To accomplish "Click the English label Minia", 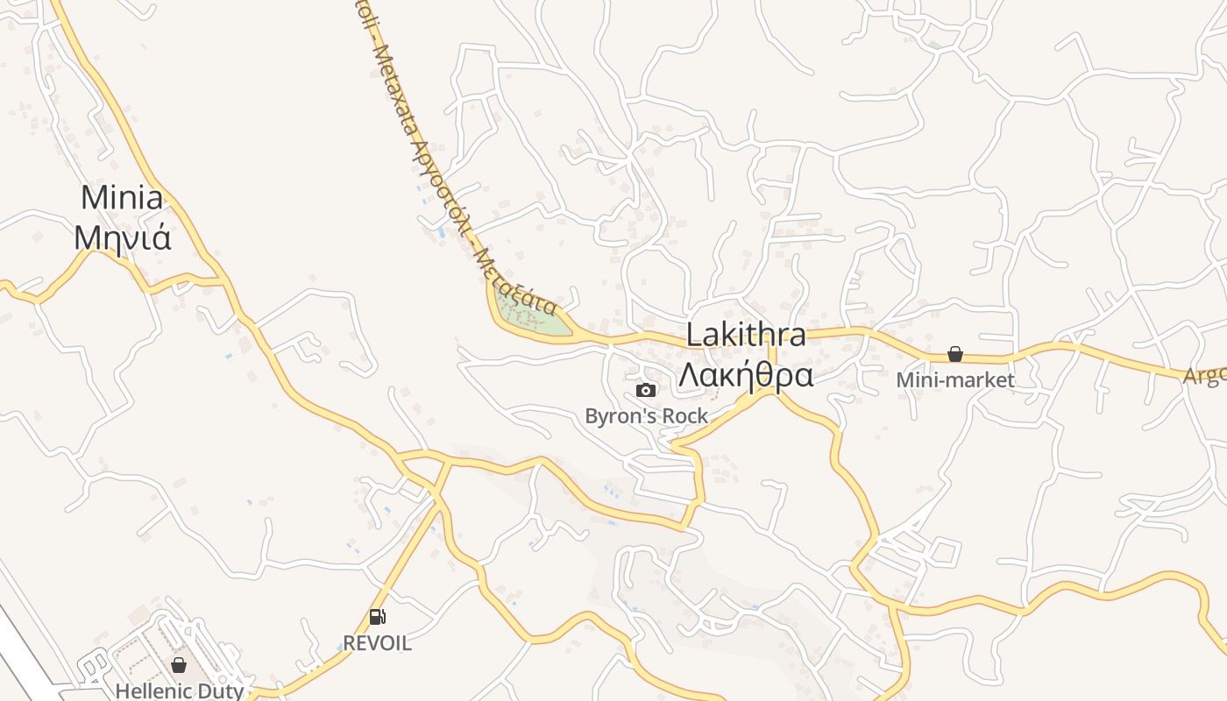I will pyautogui.click(x=122, y=198).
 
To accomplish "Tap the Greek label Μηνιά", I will pyautogui.click(x=122, y=237).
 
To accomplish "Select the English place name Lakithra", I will pyautogui.click(x=746, y=335).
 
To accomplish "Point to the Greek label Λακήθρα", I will pyautogui.click(x=746, y=374).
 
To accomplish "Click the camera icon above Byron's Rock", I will pyautogui.click(x=646, y=390).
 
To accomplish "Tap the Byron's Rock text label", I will pyautogui.click(x=646, y=415).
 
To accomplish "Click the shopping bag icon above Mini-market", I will pyautogui.click(x=955, y=354).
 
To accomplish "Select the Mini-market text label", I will pyautogui.click(x=955, y=380).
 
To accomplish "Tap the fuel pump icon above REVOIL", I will pyautogui.click(x=377, y=617).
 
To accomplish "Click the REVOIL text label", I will pyautogui.click(x=377, y=643).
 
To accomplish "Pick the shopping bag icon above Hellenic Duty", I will pyautogui.click(x=179, y=665).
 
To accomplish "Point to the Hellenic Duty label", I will pyautogui.click(x=179, y=690).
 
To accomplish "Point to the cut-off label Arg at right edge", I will pyautogui.click(x=1205, y=376).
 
